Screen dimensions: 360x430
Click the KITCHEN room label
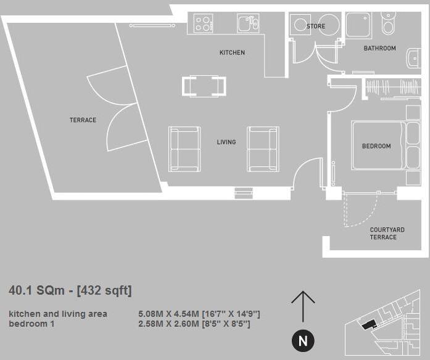pos(232,52)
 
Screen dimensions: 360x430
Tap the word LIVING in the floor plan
pos(226,142)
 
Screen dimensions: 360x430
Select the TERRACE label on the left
pos(83,120)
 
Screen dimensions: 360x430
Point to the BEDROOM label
pos(376,146)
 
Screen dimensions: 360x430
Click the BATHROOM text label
pos(379,48)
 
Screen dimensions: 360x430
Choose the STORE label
pos(315,27)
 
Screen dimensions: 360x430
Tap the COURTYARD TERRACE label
pos(387,233)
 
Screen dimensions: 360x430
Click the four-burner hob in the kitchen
pos(204,23)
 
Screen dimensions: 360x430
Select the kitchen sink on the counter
pos(247,23)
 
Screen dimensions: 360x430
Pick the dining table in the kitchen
pos(204,86)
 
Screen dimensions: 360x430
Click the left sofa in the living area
pos(184,149)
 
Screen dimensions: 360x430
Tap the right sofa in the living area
pos(263,149)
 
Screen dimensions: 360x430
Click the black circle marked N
pos(302,341)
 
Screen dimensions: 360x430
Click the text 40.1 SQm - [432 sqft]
pos(70,290)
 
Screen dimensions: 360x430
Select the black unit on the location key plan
pos(368,325)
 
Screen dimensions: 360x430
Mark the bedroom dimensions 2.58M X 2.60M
pos(194,323)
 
